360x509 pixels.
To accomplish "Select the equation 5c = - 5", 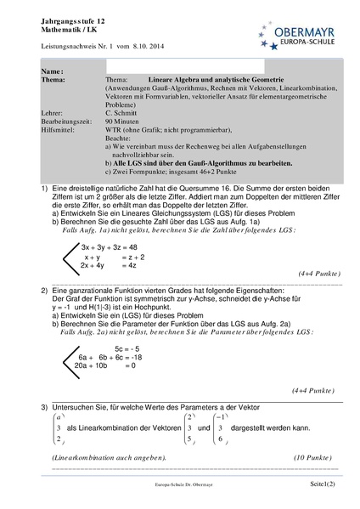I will click(x=127, y=349).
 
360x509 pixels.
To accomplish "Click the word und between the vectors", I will click(x=205, y=430).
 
